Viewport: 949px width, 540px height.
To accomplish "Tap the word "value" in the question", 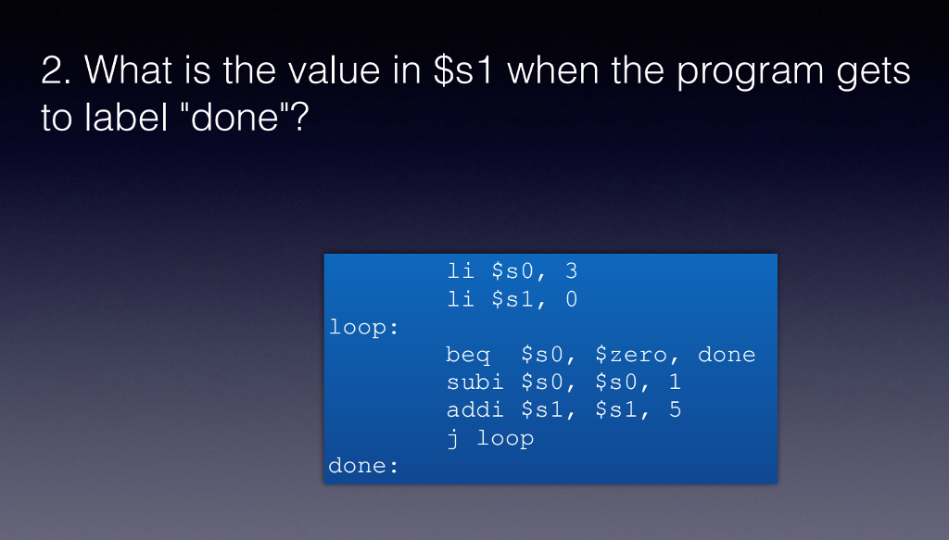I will (x=321, y=72).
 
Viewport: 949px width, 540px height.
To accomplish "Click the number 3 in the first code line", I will (x=571, y=271).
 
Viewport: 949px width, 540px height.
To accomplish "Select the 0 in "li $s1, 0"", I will (x=571, y=299).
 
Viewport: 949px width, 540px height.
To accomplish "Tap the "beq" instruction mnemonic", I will (x=468, y=356).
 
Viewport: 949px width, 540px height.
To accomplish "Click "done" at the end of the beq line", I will (x=727, y=355).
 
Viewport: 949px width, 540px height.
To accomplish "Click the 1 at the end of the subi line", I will (x=674, y=383).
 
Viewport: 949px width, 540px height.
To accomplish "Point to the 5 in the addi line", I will (x=674, y=410).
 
